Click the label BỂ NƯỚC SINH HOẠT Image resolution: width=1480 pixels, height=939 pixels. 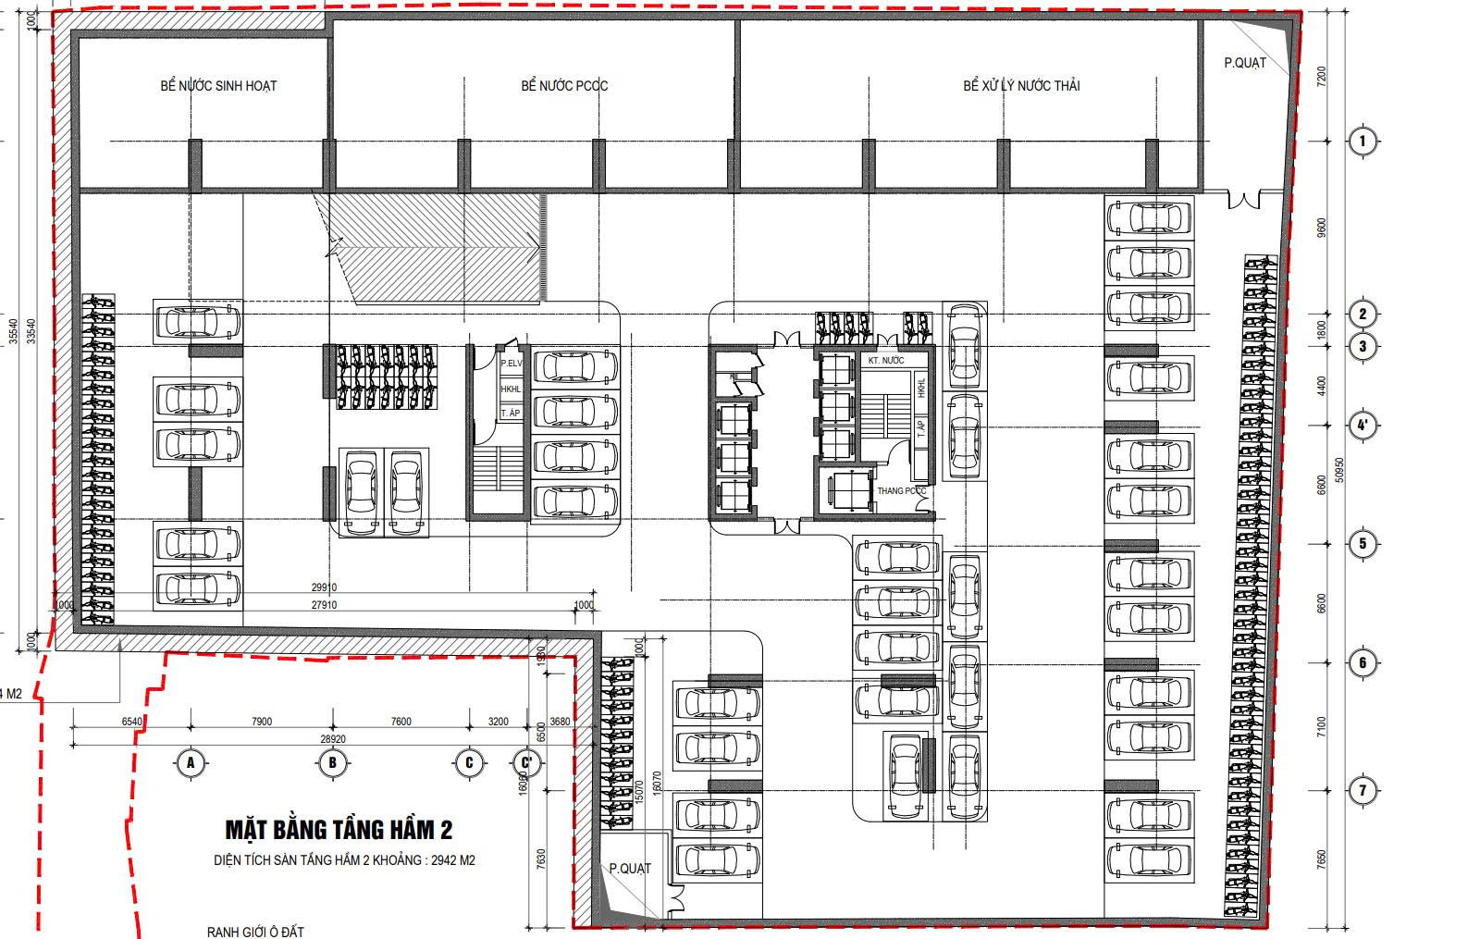[x=218, y=86]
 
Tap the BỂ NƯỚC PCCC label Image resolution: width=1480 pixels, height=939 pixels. [x=564, y=86]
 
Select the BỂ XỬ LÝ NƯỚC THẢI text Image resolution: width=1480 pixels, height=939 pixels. [x=1021, y=86]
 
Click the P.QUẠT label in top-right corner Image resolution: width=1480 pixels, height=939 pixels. [x=1244, y=63]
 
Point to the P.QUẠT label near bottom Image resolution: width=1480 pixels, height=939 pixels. [x=629, y=869]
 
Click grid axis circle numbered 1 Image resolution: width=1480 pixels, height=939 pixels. [x=1362, y=142]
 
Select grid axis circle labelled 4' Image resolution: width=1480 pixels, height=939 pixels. [x=1362, y=426]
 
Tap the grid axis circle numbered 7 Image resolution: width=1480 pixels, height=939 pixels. [x=1362, y=791]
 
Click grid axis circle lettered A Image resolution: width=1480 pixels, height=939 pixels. [x=190, y=763]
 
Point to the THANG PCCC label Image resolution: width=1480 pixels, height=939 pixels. [x=901, y=491]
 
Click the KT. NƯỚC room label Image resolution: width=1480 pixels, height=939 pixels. [x=885, y=360]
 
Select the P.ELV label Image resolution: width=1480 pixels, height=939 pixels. [x=511, y=364]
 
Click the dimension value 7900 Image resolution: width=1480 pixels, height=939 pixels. [x=262, y=722]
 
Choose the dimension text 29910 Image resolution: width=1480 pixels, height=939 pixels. [x=324, y=587]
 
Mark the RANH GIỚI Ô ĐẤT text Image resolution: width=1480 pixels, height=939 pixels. [x=254, y=932]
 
